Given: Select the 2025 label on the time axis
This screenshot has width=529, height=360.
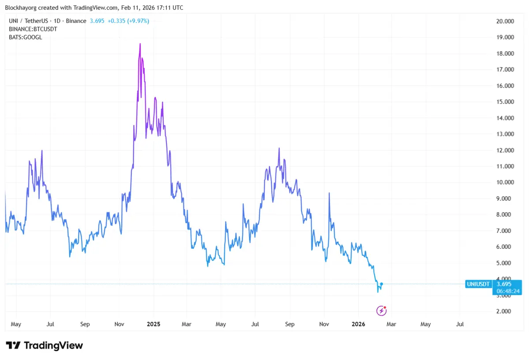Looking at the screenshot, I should point(154,324).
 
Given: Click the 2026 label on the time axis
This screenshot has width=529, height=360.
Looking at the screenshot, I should point(358,324).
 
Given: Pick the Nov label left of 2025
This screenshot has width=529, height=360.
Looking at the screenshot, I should point(119,324).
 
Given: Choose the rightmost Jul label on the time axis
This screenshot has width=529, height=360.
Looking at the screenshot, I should point(460,324).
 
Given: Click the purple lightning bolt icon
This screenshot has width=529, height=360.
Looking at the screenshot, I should point(381,311).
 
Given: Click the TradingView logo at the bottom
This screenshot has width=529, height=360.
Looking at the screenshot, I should point(44,345).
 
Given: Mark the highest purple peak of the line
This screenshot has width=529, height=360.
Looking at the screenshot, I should point(140,44).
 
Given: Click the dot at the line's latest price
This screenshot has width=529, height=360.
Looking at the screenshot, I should point(381,284).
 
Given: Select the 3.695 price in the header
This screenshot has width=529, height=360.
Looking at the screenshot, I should point(97,21).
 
